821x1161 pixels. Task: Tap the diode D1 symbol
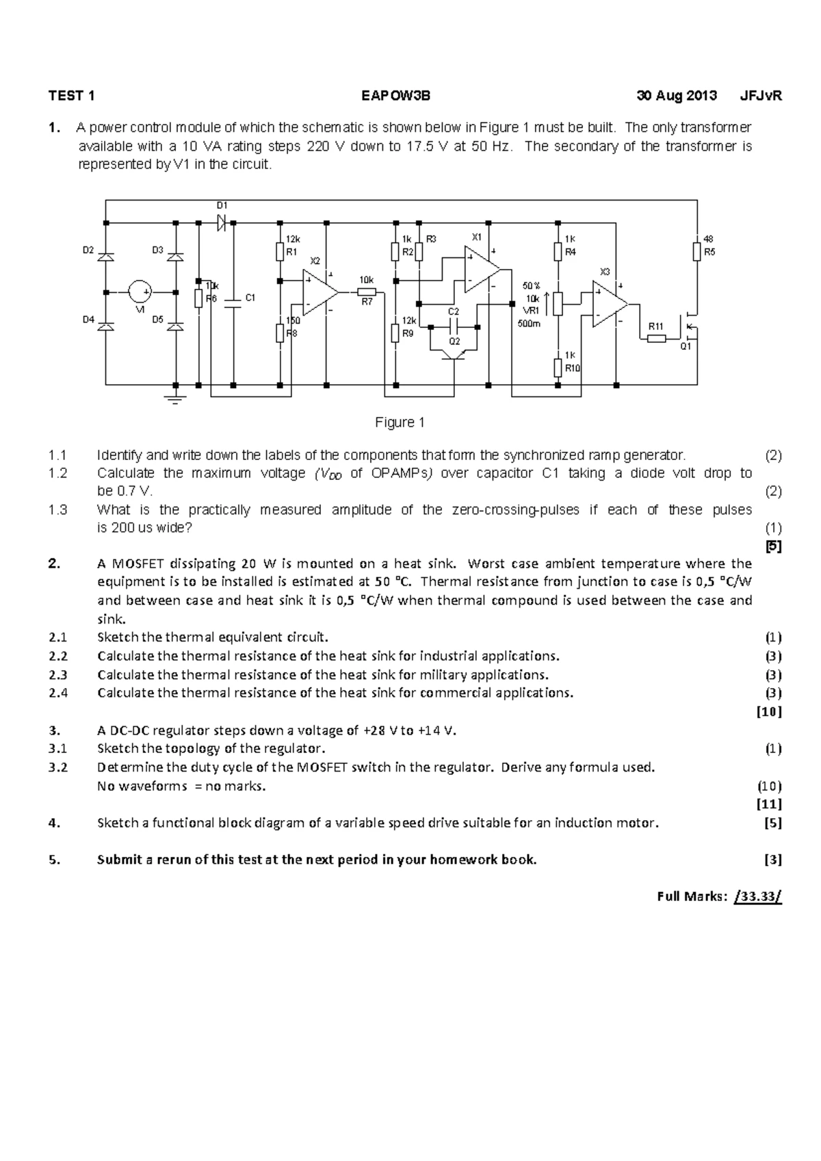tap(222, 222)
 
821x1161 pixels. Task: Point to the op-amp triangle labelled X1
tap(481, 268)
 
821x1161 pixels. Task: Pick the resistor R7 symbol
tap(367, 292)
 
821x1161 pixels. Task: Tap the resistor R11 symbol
tap(656, 338)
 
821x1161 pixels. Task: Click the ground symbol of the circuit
tap(175, 396)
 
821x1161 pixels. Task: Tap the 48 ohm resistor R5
tap(696, 252)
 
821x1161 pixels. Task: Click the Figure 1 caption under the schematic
tap(400, 423)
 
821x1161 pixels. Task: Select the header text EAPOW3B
tap(396, 96)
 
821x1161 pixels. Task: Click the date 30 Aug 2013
tap(677, 96)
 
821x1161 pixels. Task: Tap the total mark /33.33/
tap(757, 897)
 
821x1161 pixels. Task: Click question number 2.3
tap(58, 675)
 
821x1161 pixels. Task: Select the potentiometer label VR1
tap(532, 311)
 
